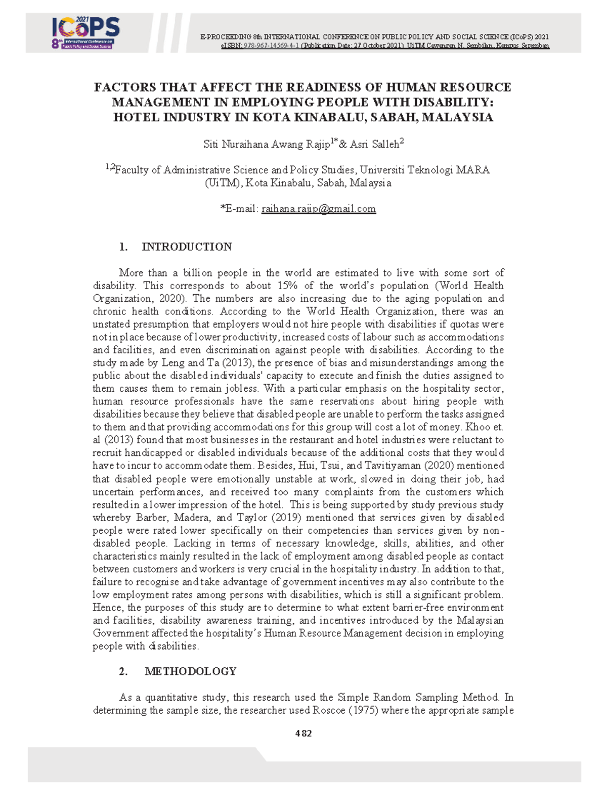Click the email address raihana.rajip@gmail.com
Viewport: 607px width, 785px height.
pyautogui.click(x=318, y=209)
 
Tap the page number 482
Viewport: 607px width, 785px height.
pyautogui.click(x=303, y=733)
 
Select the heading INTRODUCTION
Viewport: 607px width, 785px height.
pyautogui.click(x=187, y=247)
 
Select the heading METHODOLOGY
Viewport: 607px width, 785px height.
pyautogui.click(x=190, y=671)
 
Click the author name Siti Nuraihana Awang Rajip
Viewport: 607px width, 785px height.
pyautogui.click(x=266, y=145)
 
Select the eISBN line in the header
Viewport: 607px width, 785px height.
pyautogui.click(x=384, y=45)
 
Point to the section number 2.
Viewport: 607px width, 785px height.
pyautogui.click(x=123, y=671)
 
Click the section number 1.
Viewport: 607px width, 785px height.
pyautogui.click(x=123, y=247)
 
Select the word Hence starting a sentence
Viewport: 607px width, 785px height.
pyautogui.click(x=107, y=608)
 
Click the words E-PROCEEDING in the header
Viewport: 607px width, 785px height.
pyautogui.click(x=226, y=37)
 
